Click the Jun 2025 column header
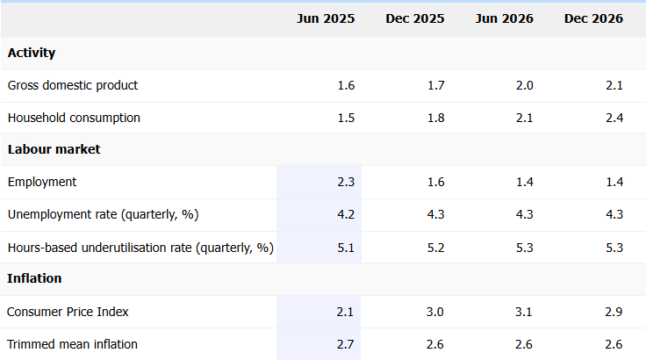pos(326,18)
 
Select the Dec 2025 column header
pos(415,18)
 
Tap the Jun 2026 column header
pos(504,18)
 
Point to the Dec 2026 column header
pos(593,18)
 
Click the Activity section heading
pos(32,53)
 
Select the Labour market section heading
pos(54,149)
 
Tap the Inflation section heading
pos(34,278)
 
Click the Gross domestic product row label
pos(73,85)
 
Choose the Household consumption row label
pos(74,118)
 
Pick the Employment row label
pos(42,182)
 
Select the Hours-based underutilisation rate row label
pos(140,248)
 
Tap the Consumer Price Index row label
pos(68,312)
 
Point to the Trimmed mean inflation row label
pos(72,344)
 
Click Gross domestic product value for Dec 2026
pos(614,85)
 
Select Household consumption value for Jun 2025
pos(346,118)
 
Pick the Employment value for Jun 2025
pos(346,182)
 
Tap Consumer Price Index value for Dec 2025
pos(435,312)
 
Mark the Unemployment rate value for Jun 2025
pos(346,214)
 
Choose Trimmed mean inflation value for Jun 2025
pos(346,344)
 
